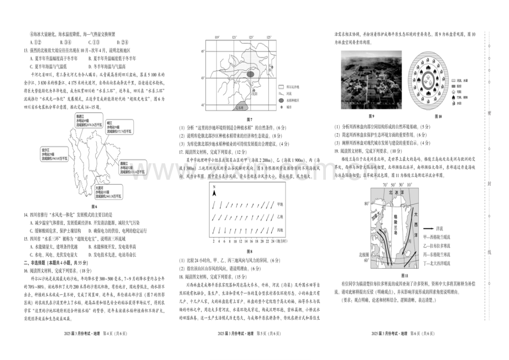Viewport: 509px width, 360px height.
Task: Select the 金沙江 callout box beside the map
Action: [x=54, y=154]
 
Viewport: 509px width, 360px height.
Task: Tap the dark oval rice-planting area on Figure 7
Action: [x=251, y=73]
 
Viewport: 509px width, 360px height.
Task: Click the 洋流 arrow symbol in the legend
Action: [x=442, y=227]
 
